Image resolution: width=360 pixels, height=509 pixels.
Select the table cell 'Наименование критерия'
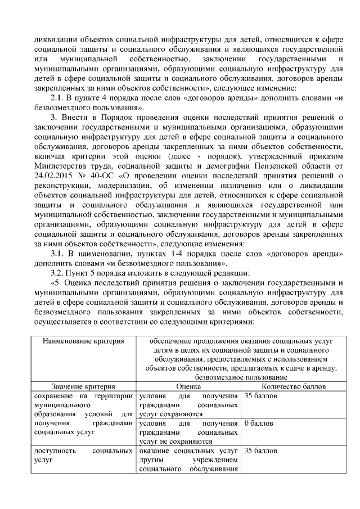click(x=83, y=341)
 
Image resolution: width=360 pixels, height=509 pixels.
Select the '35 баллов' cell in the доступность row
click(x=260, y=451)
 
